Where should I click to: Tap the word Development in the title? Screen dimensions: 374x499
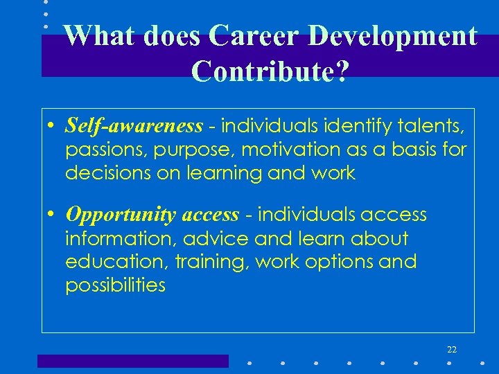[393, 36]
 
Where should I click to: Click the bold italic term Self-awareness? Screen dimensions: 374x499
[134, 125]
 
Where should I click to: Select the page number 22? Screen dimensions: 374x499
[452, 349]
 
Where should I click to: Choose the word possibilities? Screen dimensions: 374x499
[115, 285]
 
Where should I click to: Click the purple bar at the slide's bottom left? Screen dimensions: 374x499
[132, 361]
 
